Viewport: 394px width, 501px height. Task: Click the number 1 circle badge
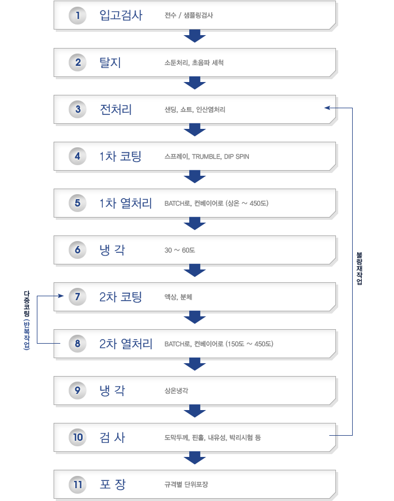click(x=78, y=15)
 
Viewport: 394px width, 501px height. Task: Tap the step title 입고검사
click(x=121, y=15)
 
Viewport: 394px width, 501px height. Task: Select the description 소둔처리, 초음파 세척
click(x=194, y=62)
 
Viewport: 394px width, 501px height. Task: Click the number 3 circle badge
click(x=78, y=109)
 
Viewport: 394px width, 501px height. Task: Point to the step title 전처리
click(x=116, y=109)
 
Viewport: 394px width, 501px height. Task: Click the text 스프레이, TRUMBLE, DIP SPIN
click(x=206, y=156)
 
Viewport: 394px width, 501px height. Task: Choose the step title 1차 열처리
click(x=126, y=203)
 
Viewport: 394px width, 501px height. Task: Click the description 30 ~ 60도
click(x=180, y=250)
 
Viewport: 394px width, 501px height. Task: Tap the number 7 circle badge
click(x=78, y=297)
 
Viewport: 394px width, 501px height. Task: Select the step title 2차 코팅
click(x=121, y=297)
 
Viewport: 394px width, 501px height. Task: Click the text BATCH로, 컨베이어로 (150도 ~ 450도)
click(x=219, y=344)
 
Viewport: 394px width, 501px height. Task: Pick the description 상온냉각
click(x=176, y=391)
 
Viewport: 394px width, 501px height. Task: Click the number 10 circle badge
click(x=78, y=437)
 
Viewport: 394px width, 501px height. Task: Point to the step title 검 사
click(x=112, y=437)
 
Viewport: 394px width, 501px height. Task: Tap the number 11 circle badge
click(x=78, y=484)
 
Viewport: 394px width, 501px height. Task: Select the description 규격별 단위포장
click(x=186, y=484)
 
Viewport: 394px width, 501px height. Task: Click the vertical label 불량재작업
click(x=359, y=268)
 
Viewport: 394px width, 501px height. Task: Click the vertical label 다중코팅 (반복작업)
click(x=27, y=320)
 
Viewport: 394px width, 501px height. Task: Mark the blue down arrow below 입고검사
click(x=195, y=36)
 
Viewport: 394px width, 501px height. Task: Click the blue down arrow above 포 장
click(x=195, y=458)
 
